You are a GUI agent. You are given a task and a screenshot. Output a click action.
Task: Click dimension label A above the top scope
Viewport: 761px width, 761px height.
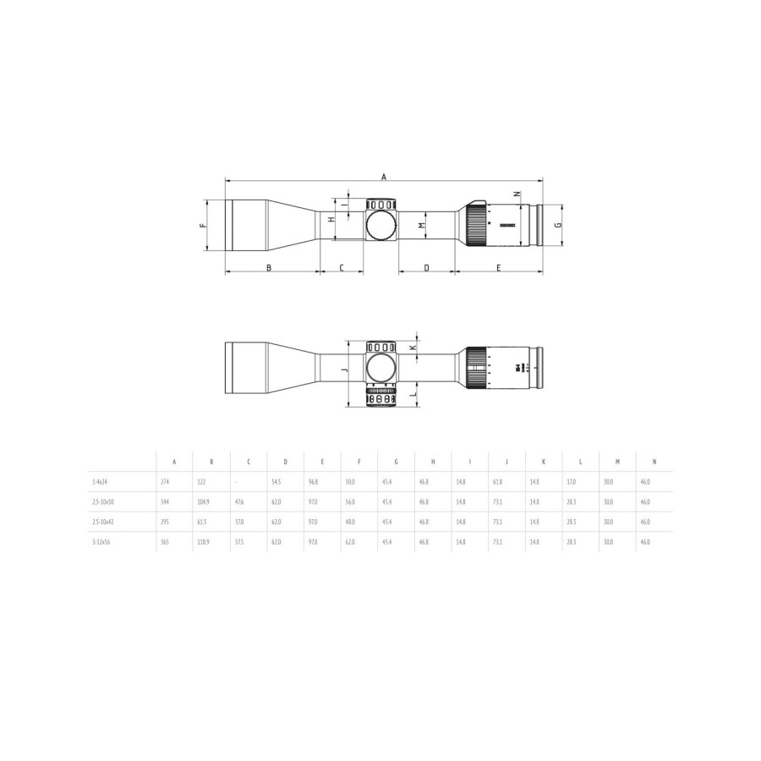[x=383, y=177]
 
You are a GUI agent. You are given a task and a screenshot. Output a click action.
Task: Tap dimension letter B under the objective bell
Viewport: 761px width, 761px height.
[x=269, y=268]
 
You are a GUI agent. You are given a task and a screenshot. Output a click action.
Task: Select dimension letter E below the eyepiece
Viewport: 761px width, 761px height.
[x=499, y=268]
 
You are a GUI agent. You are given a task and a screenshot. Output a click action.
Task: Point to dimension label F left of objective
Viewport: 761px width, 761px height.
[x=201, y=226]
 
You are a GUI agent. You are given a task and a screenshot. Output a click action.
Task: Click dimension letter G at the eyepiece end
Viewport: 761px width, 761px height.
[x=556, y=226]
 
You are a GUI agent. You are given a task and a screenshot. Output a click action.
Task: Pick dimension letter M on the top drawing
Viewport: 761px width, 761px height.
[x=422, y=226]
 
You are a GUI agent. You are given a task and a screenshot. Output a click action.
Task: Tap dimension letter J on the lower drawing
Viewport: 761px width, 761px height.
[x=344, y=371]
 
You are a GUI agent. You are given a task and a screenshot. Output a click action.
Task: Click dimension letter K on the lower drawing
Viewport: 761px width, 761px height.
[x=413, y=348]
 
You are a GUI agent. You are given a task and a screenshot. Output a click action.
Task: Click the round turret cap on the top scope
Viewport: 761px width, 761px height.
[x=381, y=225]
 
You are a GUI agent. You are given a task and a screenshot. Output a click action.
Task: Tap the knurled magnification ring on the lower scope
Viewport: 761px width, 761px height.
[x=476, y=369]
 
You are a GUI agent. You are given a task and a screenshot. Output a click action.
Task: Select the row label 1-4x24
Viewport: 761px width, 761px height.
[x=100, y=481]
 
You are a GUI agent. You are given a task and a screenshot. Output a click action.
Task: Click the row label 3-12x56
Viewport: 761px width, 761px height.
[x=101, y=541]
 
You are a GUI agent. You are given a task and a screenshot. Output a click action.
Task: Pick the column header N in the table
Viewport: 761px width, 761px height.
[x=654, y=462]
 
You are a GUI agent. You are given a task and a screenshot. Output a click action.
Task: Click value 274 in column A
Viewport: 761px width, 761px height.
[x=164, y=481]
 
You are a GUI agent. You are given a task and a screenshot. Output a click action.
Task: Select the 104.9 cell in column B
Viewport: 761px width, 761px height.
[x=203, y=501]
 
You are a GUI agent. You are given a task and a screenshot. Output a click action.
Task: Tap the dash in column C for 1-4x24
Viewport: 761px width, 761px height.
[x=236, y=481]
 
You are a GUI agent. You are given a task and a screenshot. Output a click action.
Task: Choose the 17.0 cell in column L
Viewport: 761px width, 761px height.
[x=571, y=481]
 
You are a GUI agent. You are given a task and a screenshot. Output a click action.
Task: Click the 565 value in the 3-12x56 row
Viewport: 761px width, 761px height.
[x=164, y=541]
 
